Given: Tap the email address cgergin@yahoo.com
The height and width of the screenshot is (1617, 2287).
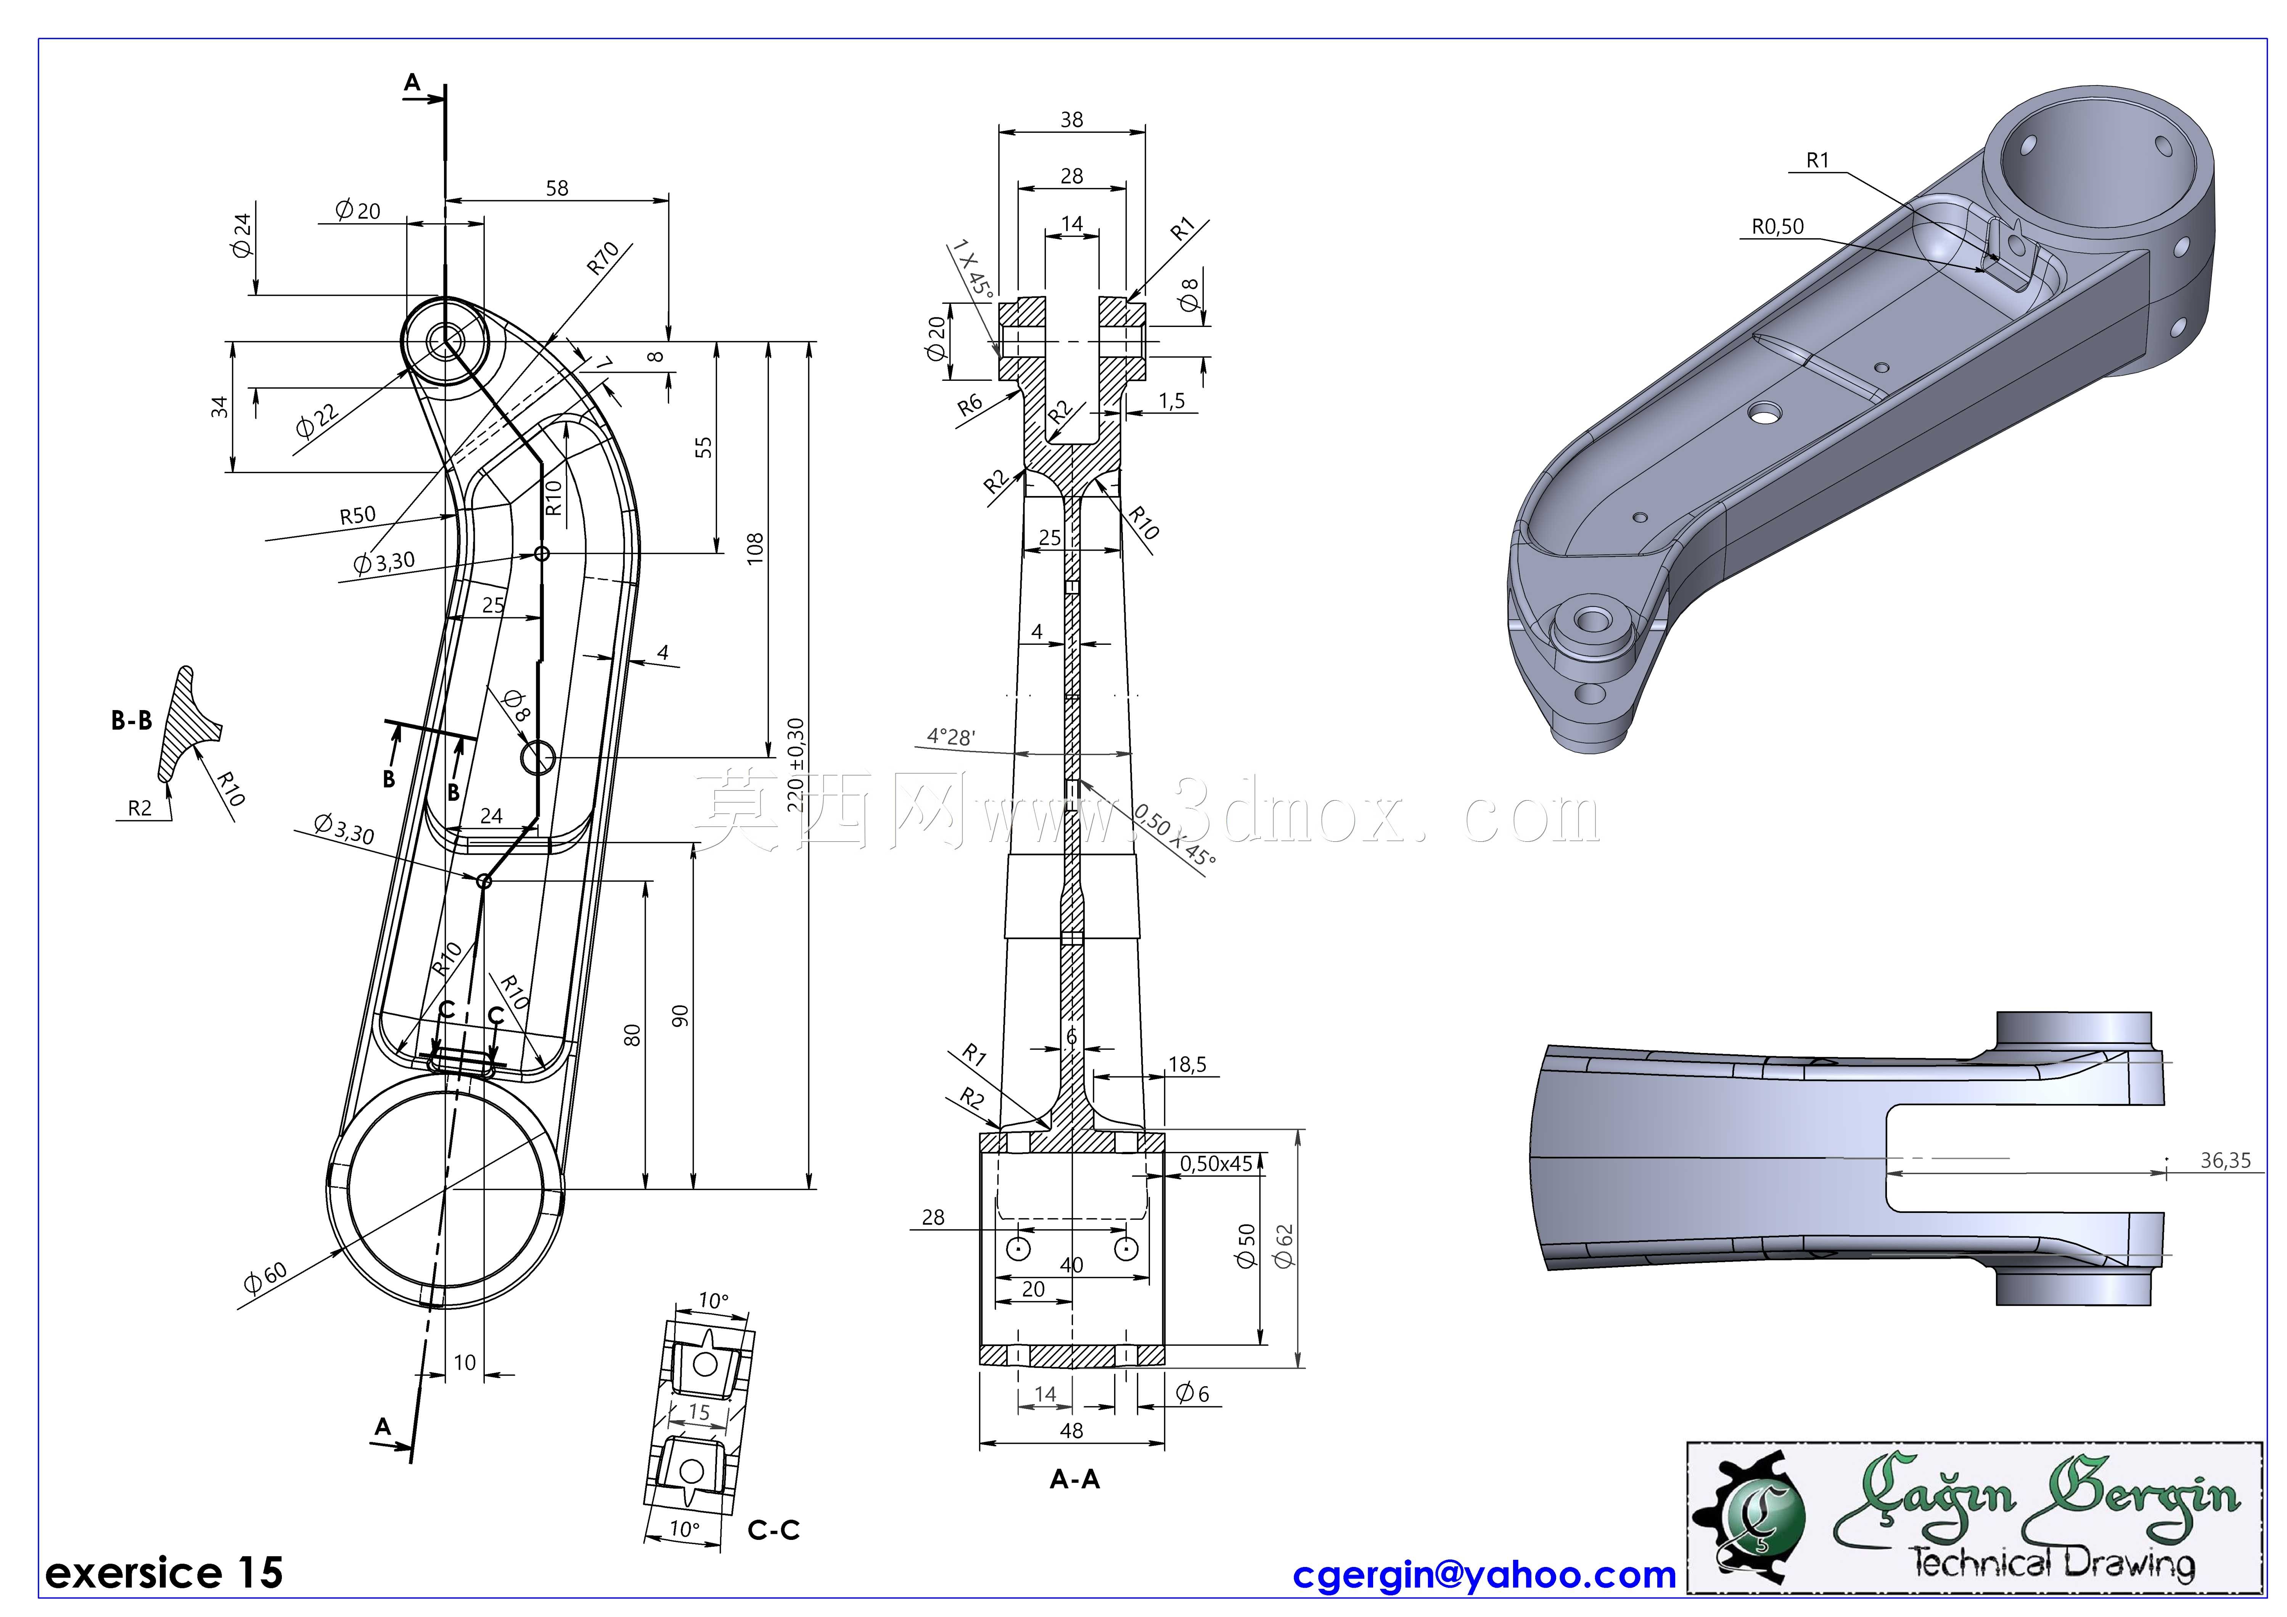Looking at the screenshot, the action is (1484, 1575).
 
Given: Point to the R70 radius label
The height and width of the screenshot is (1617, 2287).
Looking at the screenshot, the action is (604, 258).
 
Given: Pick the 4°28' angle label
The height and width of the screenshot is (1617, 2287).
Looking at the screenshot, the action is (951, 737).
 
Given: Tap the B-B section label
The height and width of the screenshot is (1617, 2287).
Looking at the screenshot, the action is (132, 720).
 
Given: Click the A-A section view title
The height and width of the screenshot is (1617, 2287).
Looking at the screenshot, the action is (1075, 1480).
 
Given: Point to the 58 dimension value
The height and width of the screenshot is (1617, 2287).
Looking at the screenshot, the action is (557, 188).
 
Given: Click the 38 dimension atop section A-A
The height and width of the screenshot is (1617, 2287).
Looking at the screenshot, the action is (1072, 119).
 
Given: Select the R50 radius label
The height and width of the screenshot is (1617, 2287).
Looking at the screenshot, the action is (358, 515).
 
